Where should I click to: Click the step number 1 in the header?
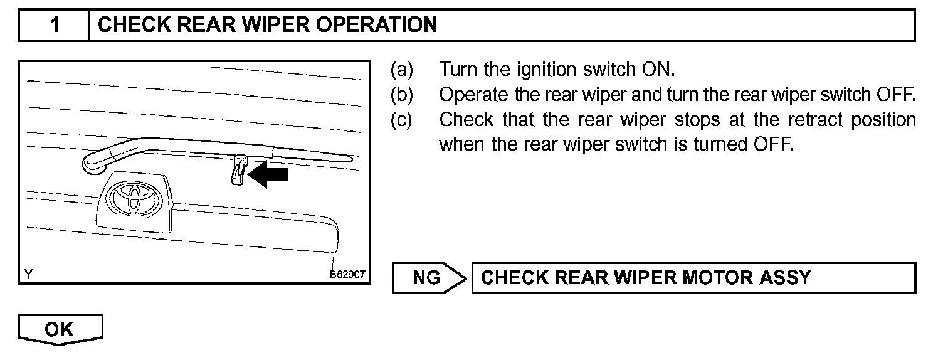(55, 25)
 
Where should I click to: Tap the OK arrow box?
(60, 329)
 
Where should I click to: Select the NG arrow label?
(428, 278)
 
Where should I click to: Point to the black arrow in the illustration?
(268, 176)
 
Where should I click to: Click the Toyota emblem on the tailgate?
(134, 199)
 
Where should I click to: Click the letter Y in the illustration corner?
(28, 275)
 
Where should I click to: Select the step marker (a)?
(402, 68)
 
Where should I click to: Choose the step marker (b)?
(402, 94)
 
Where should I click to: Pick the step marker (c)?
(402, 119)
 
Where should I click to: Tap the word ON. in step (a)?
(658, 68)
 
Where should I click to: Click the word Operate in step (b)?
(475, 94)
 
